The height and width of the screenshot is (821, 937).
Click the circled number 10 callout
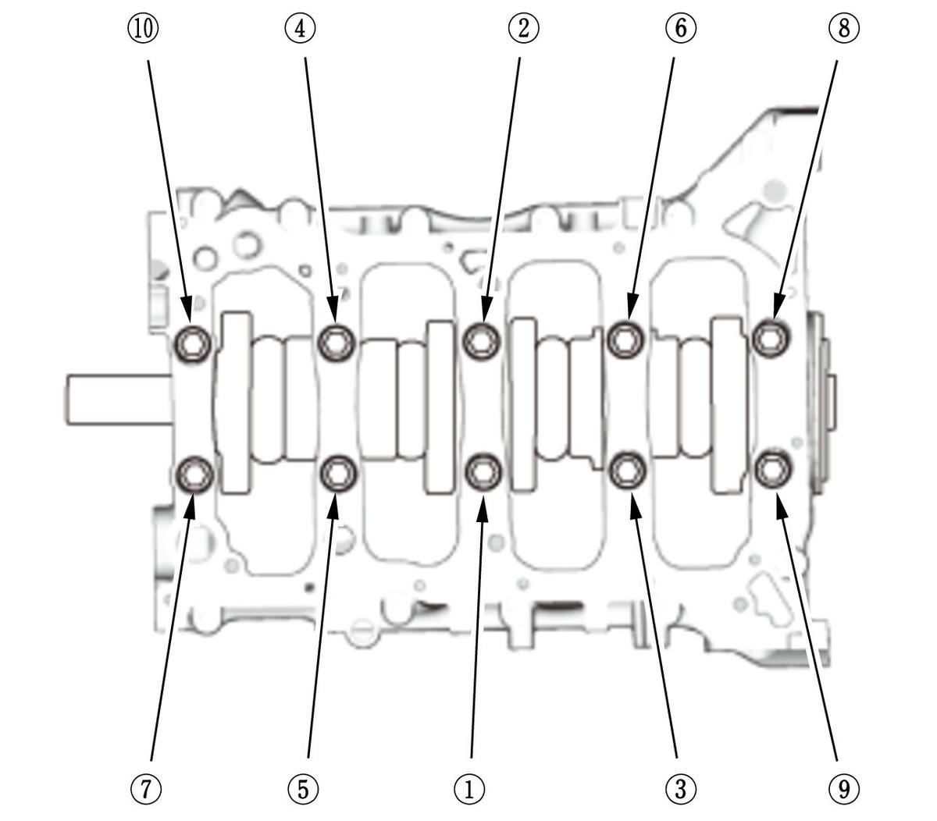tap(143, 29)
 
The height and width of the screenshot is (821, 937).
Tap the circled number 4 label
tap(300, 29)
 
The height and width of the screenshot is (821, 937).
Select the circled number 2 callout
tap(523, 29)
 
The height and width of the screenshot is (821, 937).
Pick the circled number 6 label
tap(681, 29)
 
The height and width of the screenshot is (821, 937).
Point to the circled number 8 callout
tap(843, 29)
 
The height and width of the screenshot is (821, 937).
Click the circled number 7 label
tap(146, 789)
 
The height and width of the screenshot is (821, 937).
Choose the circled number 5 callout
tap(303, 789)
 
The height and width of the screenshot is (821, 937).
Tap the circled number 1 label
tap(469, 789)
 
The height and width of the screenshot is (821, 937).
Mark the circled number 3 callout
tap(680, 789)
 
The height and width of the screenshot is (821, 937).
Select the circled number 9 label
tap(843, 789)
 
